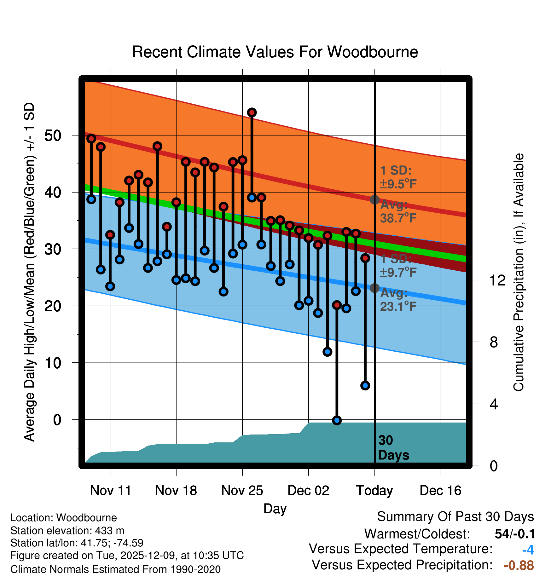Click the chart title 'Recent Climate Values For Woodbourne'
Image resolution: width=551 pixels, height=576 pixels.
(x=275, y=52)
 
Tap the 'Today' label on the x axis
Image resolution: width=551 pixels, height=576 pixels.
(x=374, y=491)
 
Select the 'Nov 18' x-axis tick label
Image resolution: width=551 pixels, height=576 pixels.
(x=176, y=491)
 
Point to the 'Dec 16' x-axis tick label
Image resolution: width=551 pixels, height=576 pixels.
(x=440, y=491)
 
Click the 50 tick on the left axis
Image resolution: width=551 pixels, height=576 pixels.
(x=53, y=135)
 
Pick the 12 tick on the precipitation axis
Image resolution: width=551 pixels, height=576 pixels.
(x=497, y=280)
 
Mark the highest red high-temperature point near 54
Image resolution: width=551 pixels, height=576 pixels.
(x=252, y=112)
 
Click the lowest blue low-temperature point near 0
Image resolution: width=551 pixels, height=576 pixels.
(x=337, y=420)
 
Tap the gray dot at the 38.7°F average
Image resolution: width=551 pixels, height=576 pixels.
(x=374, y=199)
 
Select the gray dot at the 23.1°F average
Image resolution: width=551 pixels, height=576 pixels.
(x=374, y=288)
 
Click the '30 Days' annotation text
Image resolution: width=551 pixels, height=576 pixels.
(x=393, y=448)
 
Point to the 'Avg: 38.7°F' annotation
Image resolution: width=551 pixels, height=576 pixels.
(x=398, y=211)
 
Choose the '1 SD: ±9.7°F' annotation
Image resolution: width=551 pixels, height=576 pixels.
(x=398, y=265)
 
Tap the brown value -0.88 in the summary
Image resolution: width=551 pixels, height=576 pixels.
(x=519, y=565)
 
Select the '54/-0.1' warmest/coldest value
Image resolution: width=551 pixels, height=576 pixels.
(x=514, y=534)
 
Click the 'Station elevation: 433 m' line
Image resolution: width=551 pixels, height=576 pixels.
(x=67, y=531)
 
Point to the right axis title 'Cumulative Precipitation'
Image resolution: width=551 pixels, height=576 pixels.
(x=519, y=272)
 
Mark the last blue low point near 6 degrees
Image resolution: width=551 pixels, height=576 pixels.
(x=365, y=385)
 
